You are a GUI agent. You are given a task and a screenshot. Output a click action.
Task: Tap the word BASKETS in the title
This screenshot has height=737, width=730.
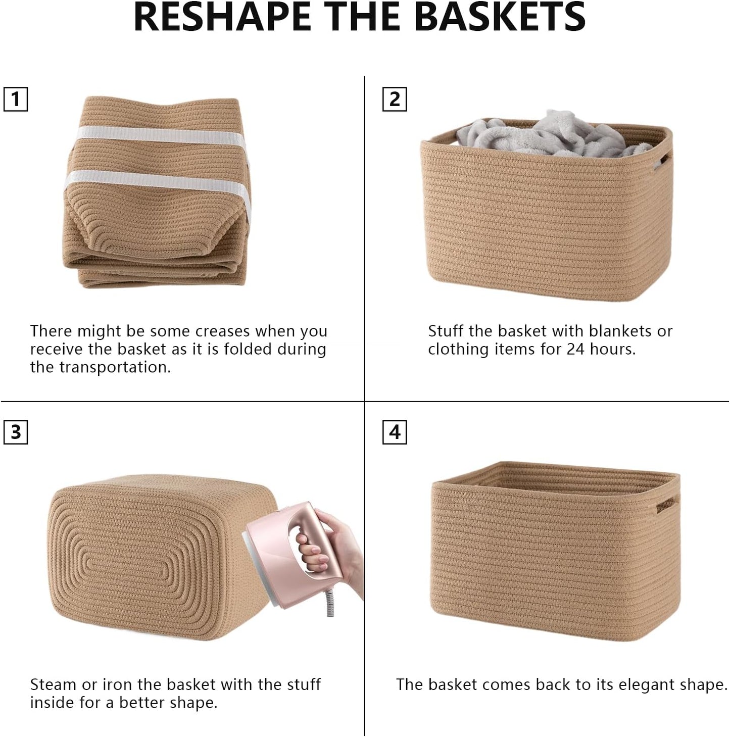[x=500, y=17]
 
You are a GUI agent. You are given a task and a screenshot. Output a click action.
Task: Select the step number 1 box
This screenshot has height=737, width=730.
[x=16, y=99]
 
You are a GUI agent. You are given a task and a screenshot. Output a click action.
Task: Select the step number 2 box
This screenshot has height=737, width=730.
[x=395, y=99]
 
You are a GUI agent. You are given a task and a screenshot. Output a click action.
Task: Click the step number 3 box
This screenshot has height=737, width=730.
[x=16, y=432]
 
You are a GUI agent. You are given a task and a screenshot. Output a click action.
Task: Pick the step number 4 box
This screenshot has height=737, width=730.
[x=395, y=432]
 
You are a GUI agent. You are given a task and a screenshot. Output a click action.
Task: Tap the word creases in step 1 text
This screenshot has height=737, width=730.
[x=223, y=331]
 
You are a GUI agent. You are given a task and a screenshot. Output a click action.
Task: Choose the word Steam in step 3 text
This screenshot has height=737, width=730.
[x=54, y=685]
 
